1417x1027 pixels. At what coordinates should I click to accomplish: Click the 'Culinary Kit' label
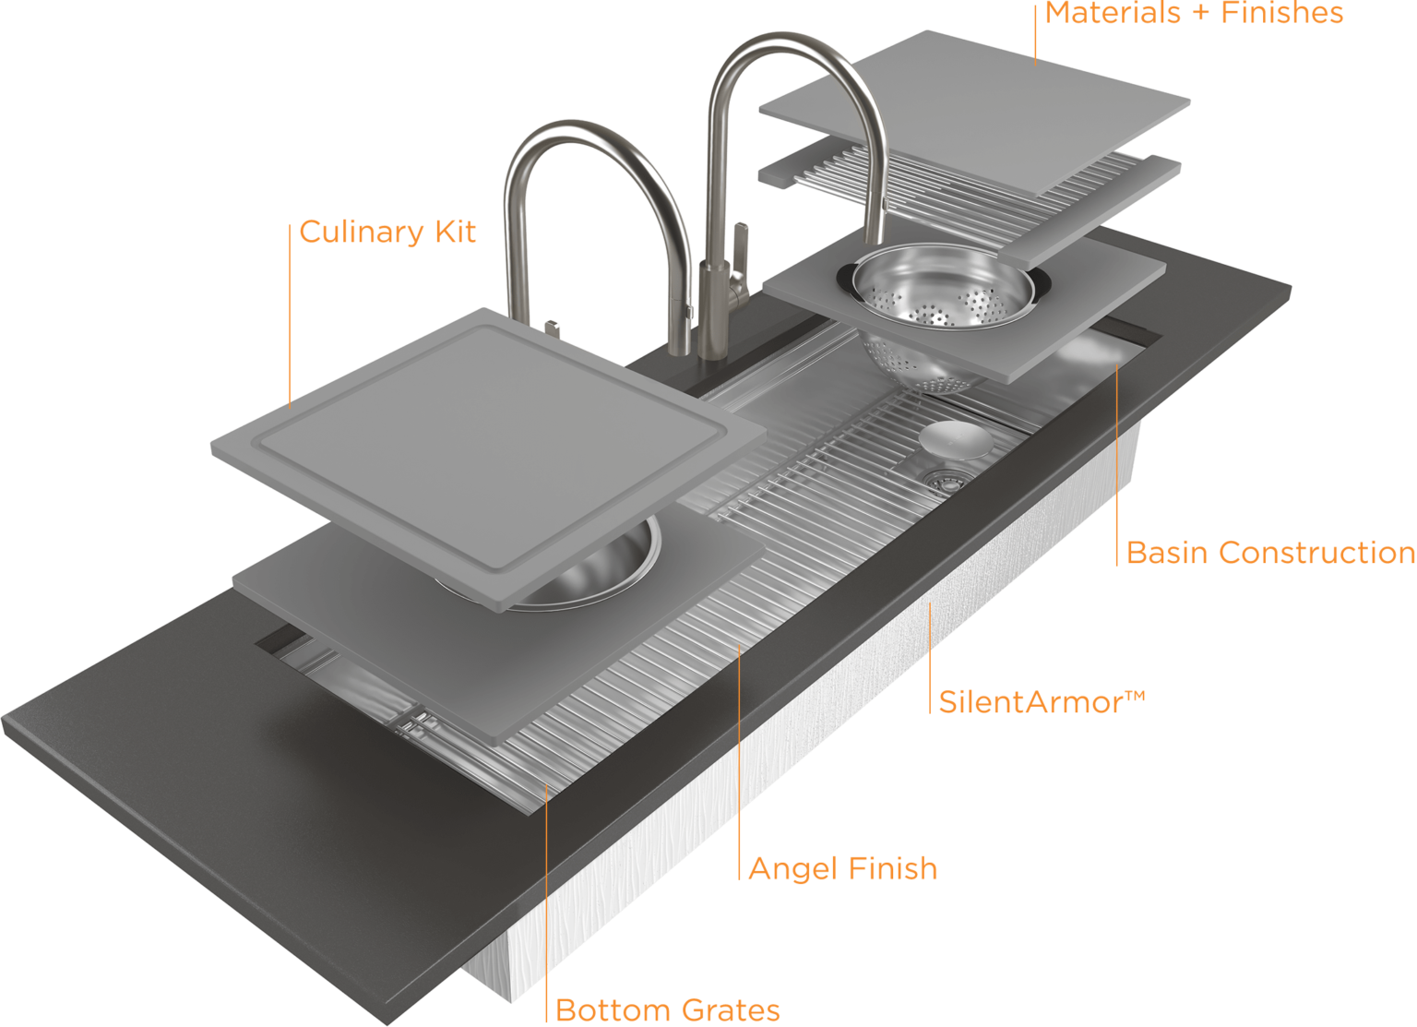coord(387,232)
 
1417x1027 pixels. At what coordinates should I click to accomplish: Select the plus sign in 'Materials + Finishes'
coord(1204,13)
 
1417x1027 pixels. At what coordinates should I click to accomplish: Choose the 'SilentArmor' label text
coord(1029,702)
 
